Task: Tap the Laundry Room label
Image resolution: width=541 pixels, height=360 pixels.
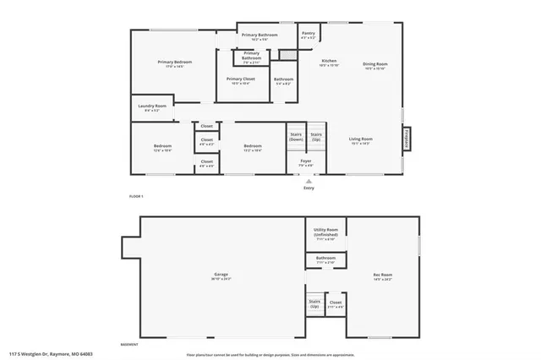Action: pos(150,108)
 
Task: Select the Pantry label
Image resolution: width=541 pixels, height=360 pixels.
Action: pos(308,35)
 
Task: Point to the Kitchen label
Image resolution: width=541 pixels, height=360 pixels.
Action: pos(329,63)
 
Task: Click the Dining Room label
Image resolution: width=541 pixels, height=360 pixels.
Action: pos(375,66)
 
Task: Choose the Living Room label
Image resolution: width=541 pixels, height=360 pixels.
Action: pos(361,140)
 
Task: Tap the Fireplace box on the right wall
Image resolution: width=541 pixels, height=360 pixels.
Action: pos(406,139)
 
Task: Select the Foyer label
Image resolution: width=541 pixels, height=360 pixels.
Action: pos(306,162)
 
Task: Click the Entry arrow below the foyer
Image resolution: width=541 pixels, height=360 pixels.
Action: pos(309,182)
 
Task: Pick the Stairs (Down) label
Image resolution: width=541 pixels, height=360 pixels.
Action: pos(296,137)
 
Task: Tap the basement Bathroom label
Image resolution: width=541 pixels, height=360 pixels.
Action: pos(325,259)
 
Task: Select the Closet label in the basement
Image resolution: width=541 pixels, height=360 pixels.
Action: pos(336,303)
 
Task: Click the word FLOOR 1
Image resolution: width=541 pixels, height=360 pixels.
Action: pos(136,196)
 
